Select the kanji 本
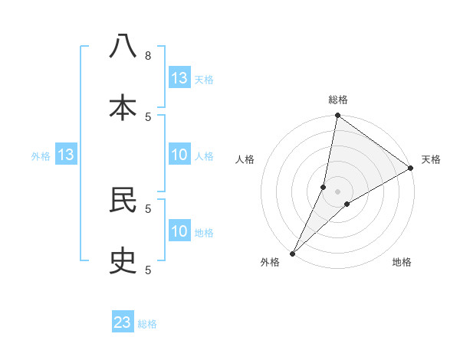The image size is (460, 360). point(123,108)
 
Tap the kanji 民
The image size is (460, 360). point(123,200)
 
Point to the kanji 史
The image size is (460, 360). point(123,262)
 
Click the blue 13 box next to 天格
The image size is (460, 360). point(179,78)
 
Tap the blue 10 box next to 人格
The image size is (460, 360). point(179,155)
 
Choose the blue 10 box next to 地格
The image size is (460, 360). point(179,231)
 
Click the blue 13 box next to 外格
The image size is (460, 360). point(66,155)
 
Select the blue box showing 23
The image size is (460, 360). point(123,322)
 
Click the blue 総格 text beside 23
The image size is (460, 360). point(148,324)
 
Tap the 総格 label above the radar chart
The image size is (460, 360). point(337,100)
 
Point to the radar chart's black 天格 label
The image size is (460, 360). point(431,159)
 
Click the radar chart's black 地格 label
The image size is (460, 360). point(402,262)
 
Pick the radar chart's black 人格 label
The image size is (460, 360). point(245,159)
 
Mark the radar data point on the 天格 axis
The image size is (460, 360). point(411,169)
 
